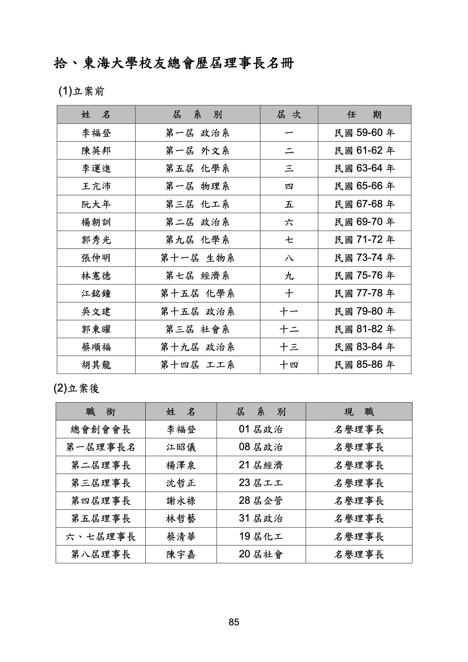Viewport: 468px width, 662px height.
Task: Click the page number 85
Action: coord(234,622)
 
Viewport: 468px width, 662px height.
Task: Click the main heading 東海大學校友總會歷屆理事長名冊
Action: coord(174,63)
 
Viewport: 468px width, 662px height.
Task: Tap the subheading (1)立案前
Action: coord(81,91)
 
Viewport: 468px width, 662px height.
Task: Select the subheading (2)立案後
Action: coord(77,388)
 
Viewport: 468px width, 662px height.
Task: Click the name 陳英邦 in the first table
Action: coord(96,151)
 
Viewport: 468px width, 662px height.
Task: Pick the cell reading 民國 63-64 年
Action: coord(364,168)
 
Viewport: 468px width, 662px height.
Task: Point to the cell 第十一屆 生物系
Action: coord(197,258)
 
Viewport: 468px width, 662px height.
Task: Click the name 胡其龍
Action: coord(96,365)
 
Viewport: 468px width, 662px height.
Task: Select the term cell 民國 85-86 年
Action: coord(364,365)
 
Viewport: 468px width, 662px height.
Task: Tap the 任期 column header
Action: coord(364,114)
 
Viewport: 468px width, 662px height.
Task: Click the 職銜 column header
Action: coord(100,412)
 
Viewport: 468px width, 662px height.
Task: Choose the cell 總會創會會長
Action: coord(100,429)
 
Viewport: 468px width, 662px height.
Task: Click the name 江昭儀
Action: coord(181,448)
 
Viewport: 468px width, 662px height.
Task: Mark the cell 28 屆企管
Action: coord(261,501)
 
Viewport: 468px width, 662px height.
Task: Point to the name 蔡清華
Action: coord(181,537)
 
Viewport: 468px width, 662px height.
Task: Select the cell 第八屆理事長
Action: coord(100,554)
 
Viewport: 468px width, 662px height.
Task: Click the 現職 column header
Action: coord(359,412)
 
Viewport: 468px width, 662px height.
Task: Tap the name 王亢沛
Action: coord(96,186)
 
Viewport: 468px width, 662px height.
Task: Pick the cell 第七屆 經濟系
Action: coord(197,276)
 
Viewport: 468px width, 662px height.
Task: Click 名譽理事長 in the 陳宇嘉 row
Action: coord(359,554)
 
